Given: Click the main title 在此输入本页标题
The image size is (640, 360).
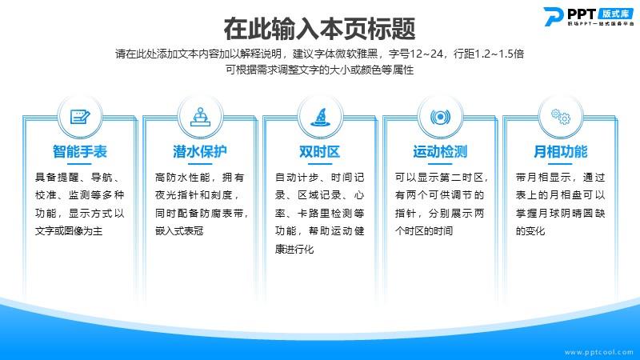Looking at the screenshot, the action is tap(319, 29).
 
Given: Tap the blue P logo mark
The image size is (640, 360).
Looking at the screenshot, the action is tap(554, 17).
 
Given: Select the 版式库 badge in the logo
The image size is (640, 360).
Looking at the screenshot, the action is tap(615, 14).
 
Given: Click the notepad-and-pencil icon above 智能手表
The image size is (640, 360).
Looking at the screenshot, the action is tap(80, 117).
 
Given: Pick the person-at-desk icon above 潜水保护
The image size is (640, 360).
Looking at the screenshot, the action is tap(200, 117).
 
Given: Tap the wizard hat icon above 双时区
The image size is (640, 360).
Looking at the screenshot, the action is tap(321, 117).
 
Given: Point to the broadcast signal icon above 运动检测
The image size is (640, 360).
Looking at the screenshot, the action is tap(441, 118).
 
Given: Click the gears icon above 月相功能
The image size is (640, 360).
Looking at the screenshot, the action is tap(561, 117).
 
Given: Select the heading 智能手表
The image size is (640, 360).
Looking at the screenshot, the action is tap(80, 152).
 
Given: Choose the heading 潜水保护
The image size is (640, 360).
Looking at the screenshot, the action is tap(200, 152).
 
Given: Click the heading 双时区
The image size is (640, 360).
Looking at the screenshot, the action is tap(320, 152).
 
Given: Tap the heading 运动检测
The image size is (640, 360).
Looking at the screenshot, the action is tap(440, 152).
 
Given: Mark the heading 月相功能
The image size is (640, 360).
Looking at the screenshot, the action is tap(561, 152).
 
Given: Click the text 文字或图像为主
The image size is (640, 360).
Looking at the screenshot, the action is tap(69, 231).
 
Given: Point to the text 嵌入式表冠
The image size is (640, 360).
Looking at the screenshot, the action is tap(179, 231).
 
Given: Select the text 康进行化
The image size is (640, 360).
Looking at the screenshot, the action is tap(294, 249).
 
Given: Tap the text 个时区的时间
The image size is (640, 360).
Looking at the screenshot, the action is tap(424, 231).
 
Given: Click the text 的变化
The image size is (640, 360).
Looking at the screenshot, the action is tap(530, 231).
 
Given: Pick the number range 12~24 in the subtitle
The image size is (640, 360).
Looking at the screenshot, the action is tap(426, 54).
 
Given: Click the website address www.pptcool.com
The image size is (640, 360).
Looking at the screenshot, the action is tap(599, 352).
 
